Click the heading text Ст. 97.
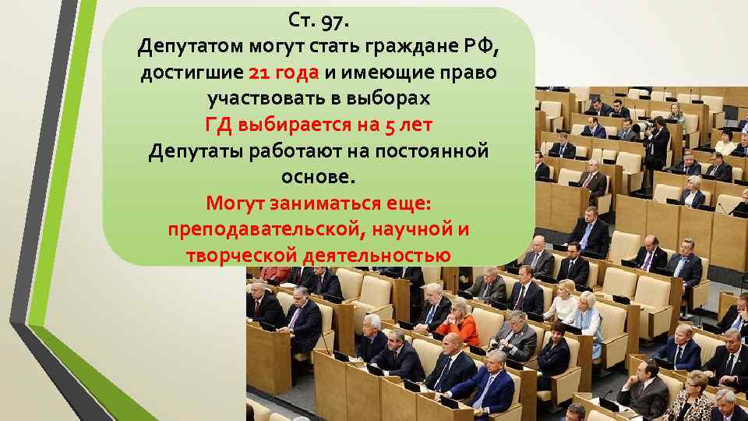pos(319,18)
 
